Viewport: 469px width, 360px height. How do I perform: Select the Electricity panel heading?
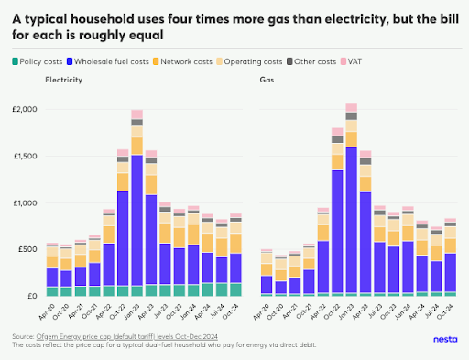[x=62, y=81]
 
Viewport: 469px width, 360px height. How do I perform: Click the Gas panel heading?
[x=267, y=81]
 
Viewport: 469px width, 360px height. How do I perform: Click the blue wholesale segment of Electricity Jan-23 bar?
[x=136, y=220]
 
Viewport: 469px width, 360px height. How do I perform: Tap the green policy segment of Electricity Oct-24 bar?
[x=236, y=289]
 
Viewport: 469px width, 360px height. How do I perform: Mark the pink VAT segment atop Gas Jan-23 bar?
[x=351, y=107]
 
